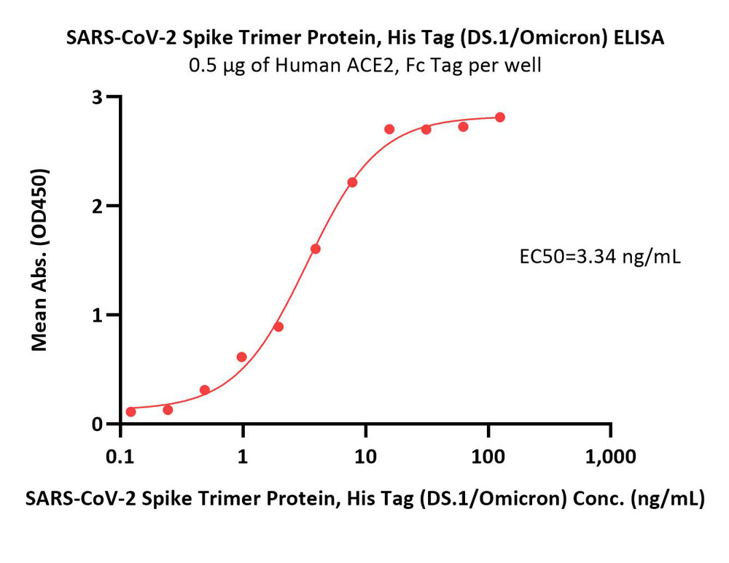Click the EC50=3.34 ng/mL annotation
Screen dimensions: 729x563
[x=600, y=257]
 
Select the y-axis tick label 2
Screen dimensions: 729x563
[x=98, y=206]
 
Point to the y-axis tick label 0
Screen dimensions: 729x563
[x=98, y=424]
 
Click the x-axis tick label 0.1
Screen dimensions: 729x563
[x=120, y=457]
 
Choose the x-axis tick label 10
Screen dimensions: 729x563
[x=365, y=457]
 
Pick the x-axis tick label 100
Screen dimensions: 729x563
[x=488, y=457]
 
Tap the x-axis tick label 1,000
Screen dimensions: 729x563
[x=610, y=457]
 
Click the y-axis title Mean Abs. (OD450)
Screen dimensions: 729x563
[x=39, y=260]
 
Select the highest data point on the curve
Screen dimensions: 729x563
[x=500, y=117]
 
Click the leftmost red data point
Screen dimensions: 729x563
[x=131, y=412]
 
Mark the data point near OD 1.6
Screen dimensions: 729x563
[x=315, y=249]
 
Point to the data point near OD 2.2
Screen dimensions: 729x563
[x=352, y=182]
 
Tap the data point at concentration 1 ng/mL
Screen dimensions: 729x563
[x=242, y=357]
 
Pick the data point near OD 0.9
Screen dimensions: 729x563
[x=278, y=327]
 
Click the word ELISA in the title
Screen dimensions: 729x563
[x=639, y=38]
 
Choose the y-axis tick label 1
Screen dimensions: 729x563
[x=98, y=315]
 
